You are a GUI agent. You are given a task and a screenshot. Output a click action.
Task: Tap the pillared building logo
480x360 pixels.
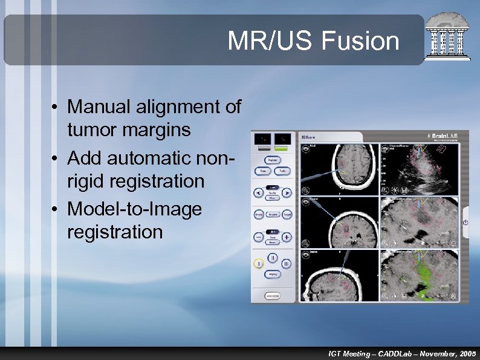tap(448, 38)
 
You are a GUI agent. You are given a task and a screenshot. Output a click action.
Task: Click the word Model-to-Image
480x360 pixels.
tap(134, 209)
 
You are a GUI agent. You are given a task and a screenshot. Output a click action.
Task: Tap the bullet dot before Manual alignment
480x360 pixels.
tap(54, 108)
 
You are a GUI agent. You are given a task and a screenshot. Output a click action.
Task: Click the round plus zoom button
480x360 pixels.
tap(287, 237)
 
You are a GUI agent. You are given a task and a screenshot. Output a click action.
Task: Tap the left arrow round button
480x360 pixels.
tap(258, 194)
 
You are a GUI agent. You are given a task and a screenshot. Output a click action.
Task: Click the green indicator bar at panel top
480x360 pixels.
tap(281, 148)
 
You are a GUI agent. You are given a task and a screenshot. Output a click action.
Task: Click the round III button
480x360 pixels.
tap(287, 264)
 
